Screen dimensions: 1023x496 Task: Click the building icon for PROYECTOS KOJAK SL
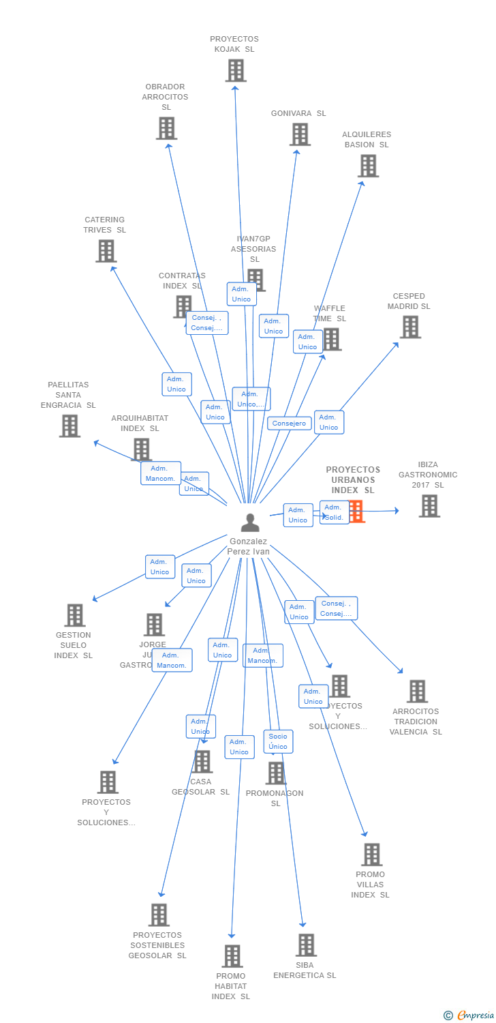(236, 70)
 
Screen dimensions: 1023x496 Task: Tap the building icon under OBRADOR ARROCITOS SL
(166, 128)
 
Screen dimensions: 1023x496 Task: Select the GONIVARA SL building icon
(300, 134)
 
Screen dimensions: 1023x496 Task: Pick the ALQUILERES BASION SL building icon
(368, 166)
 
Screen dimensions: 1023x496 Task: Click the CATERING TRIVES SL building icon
(106, 251)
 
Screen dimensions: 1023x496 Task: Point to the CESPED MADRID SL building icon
(410, 327)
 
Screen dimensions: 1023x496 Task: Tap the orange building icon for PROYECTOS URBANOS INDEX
(356, 512)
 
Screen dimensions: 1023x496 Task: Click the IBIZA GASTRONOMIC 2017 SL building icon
(429, 506)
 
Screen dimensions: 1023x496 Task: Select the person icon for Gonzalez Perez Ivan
(250, 523)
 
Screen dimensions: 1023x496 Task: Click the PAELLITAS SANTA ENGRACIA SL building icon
(69, 426)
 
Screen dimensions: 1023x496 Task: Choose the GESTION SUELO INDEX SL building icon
(75, 615)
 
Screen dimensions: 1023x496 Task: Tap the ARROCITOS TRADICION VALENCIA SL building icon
(417, 691)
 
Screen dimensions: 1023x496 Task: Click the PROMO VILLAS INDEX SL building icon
(371, 855)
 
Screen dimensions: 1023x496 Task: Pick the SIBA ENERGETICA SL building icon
(306, 945)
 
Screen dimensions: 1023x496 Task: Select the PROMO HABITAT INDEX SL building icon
(232, 956)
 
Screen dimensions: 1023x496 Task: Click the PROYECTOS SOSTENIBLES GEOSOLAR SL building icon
(159, 915)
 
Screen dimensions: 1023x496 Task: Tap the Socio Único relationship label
(278, 741)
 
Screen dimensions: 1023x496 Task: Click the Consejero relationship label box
(289, 424)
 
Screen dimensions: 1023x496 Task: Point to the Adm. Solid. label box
(334, 512)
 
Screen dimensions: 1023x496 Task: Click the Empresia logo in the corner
(469, 1015)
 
